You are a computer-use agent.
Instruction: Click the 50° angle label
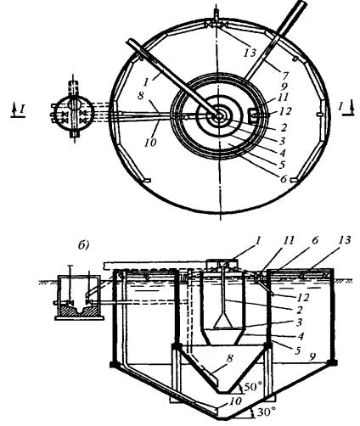tap(251, 387)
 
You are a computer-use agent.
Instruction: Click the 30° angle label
tap(266, 412)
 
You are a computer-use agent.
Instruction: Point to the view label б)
tap(83, 245)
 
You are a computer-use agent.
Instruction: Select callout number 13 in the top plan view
tap(250, 53)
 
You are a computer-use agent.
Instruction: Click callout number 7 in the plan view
tap(285, 76)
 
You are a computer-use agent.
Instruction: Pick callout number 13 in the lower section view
tap(343, 240)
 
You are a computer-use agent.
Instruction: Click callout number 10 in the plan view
tap(150, 143)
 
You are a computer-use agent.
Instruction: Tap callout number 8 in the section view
tap(229, 358)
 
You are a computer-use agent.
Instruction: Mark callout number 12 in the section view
tap(303, 298)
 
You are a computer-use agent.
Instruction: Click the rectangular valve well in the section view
tap(79, 297)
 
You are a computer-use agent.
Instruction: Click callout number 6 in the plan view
tap(284, 179)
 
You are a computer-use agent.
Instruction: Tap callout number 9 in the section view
tap(312, 358)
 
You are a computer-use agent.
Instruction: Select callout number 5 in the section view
tap(297, 350)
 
